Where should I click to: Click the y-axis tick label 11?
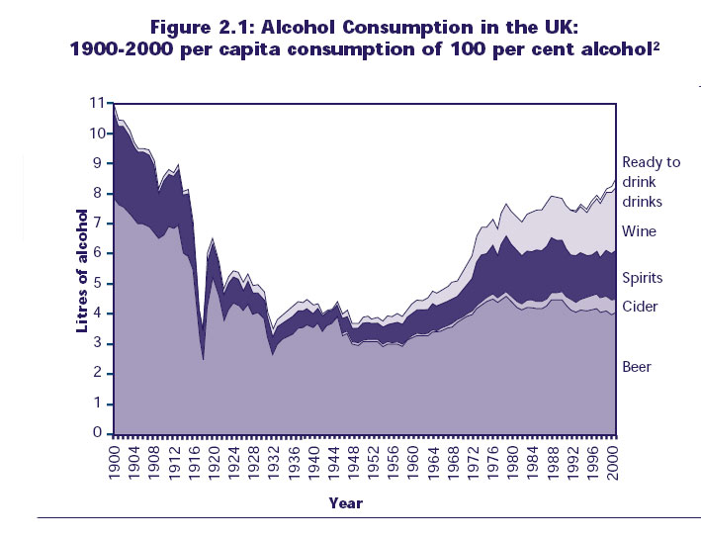click(96, 102)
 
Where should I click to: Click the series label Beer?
click(637, 367)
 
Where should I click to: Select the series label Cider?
click(640, 307)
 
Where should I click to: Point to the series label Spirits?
click(642, 278)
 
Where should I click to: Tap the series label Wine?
click(638, 231)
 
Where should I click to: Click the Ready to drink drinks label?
click(651, 182)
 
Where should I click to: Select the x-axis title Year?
click(346, 502)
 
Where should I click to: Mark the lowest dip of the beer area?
click(203, 358)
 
